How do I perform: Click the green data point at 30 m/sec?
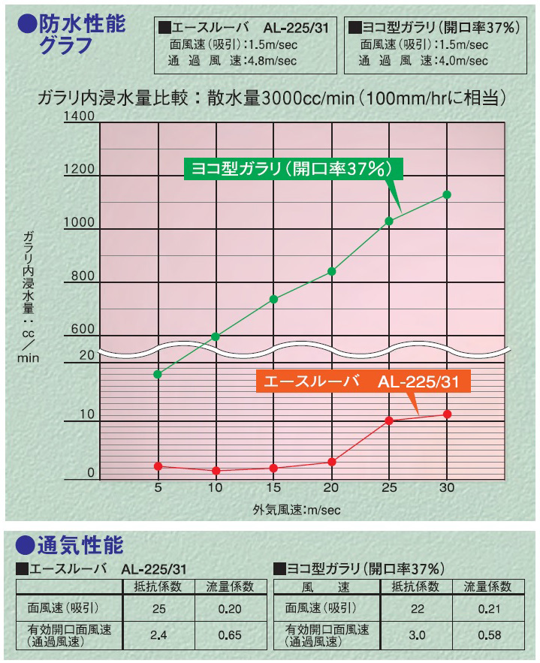pos(447,194)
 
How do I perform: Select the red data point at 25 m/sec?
pos(389,420)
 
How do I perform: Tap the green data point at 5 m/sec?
pos(158,374)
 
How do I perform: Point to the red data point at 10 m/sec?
pos(216,471)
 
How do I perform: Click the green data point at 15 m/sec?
pos(273,299)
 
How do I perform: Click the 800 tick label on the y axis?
pos(83,277)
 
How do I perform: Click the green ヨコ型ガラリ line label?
pos(293,168)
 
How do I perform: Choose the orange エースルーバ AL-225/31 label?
pos(363,381)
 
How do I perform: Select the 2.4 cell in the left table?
pos(158,635)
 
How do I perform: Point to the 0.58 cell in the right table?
pos(489,635)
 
